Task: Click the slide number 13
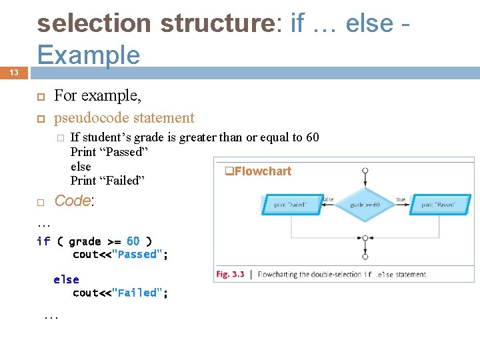(14, 73)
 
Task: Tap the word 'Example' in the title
(89, 55)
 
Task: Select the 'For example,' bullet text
(97, 96)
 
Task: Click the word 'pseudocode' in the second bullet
(91, 118)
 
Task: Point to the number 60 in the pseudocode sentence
(312, 138)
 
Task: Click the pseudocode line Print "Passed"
(109, 152)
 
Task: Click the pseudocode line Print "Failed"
(107, 181)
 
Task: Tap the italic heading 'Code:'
(73, 201)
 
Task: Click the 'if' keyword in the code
(43, 241)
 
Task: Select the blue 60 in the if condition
(133, 241)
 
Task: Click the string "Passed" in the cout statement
(139, 254)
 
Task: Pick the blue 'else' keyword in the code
(66, 280)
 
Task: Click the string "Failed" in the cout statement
(139, 293)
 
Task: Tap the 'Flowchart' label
(262, 171)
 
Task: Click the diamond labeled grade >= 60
(365, 205)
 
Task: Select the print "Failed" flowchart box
(291, 205)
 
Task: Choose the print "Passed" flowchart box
(438, 205)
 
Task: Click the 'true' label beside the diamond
(401, 199)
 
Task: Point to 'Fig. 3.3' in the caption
(230, 274)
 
